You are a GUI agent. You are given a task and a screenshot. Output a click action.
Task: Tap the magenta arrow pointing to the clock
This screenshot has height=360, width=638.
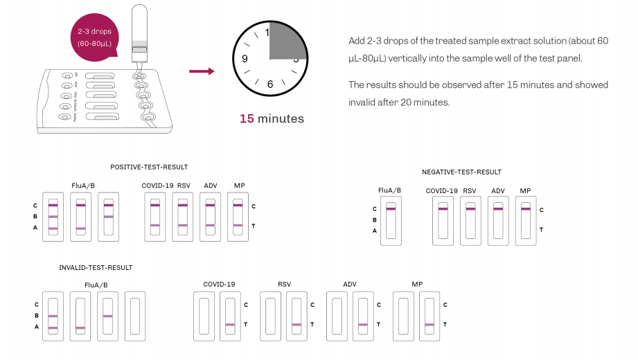pos(201,71)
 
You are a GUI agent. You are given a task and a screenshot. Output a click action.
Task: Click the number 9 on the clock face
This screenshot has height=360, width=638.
pos(244,59)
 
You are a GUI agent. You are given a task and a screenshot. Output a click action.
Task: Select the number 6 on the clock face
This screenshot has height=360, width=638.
pos(270,84)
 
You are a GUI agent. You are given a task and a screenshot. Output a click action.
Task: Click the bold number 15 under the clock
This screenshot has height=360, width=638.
pos(247,118)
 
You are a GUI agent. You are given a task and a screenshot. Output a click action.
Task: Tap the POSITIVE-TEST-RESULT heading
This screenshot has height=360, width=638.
pos(149,167)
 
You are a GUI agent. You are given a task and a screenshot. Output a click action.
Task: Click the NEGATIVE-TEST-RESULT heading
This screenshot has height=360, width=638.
pos(461,172)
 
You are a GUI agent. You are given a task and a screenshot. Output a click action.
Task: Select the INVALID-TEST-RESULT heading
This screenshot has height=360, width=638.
pos(96,267)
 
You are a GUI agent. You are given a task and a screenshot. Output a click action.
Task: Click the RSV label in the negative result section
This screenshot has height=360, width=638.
pos(470,190)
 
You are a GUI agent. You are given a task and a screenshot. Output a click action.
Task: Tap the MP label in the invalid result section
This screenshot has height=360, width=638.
pos(417,285)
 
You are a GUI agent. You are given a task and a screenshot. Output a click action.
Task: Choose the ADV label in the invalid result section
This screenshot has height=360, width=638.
pos(350,285)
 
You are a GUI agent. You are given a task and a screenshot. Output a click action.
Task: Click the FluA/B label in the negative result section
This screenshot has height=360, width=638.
pos(389,190)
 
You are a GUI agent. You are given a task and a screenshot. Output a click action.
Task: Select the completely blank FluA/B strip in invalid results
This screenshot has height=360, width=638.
pos(135,316)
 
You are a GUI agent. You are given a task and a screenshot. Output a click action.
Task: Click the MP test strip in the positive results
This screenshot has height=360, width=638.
pos(238,217)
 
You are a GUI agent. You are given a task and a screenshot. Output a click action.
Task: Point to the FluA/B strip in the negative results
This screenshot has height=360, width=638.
pos(391,220)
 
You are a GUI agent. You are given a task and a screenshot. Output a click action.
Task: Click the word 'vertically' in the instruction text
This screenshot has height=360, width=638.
pos(409,58)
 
